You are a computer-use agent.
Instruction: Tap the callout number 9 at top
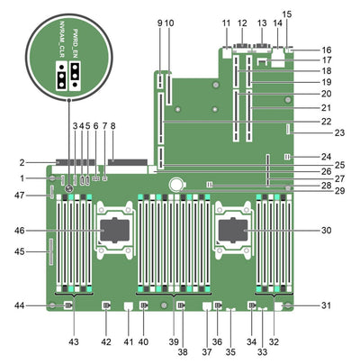[x=159, y=22]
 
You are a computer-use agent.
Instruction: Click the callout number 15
[x=288, y=14]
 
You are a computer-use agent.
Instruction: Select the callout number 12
[x=242, y=22]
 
